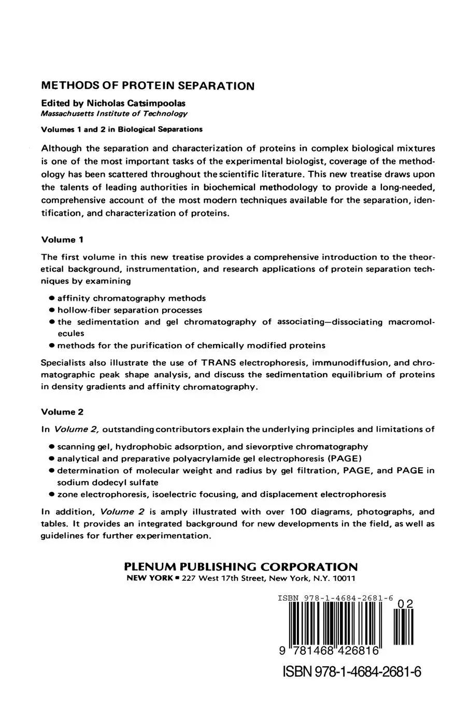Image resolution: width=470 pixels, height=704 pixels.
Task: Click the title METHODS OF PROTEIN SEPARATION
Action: [148, 86]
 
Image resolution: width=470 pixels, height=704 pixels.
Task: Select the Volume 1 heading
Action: [62, 240]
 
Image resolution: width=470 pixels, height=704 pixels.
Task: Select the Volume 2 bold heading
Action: [62, 412]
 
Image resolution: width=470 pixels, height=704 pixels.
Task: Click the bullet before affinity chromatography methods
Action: [52, 299]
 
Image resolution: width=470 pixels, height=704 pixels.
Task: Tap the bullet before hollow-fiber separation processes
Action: [52, 311]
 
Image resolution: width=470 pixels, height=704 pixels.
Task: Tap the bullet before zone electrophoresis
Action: [52, 494]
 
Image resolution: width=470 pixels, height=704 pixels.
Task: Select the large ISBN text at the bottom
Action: [352, 671]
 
